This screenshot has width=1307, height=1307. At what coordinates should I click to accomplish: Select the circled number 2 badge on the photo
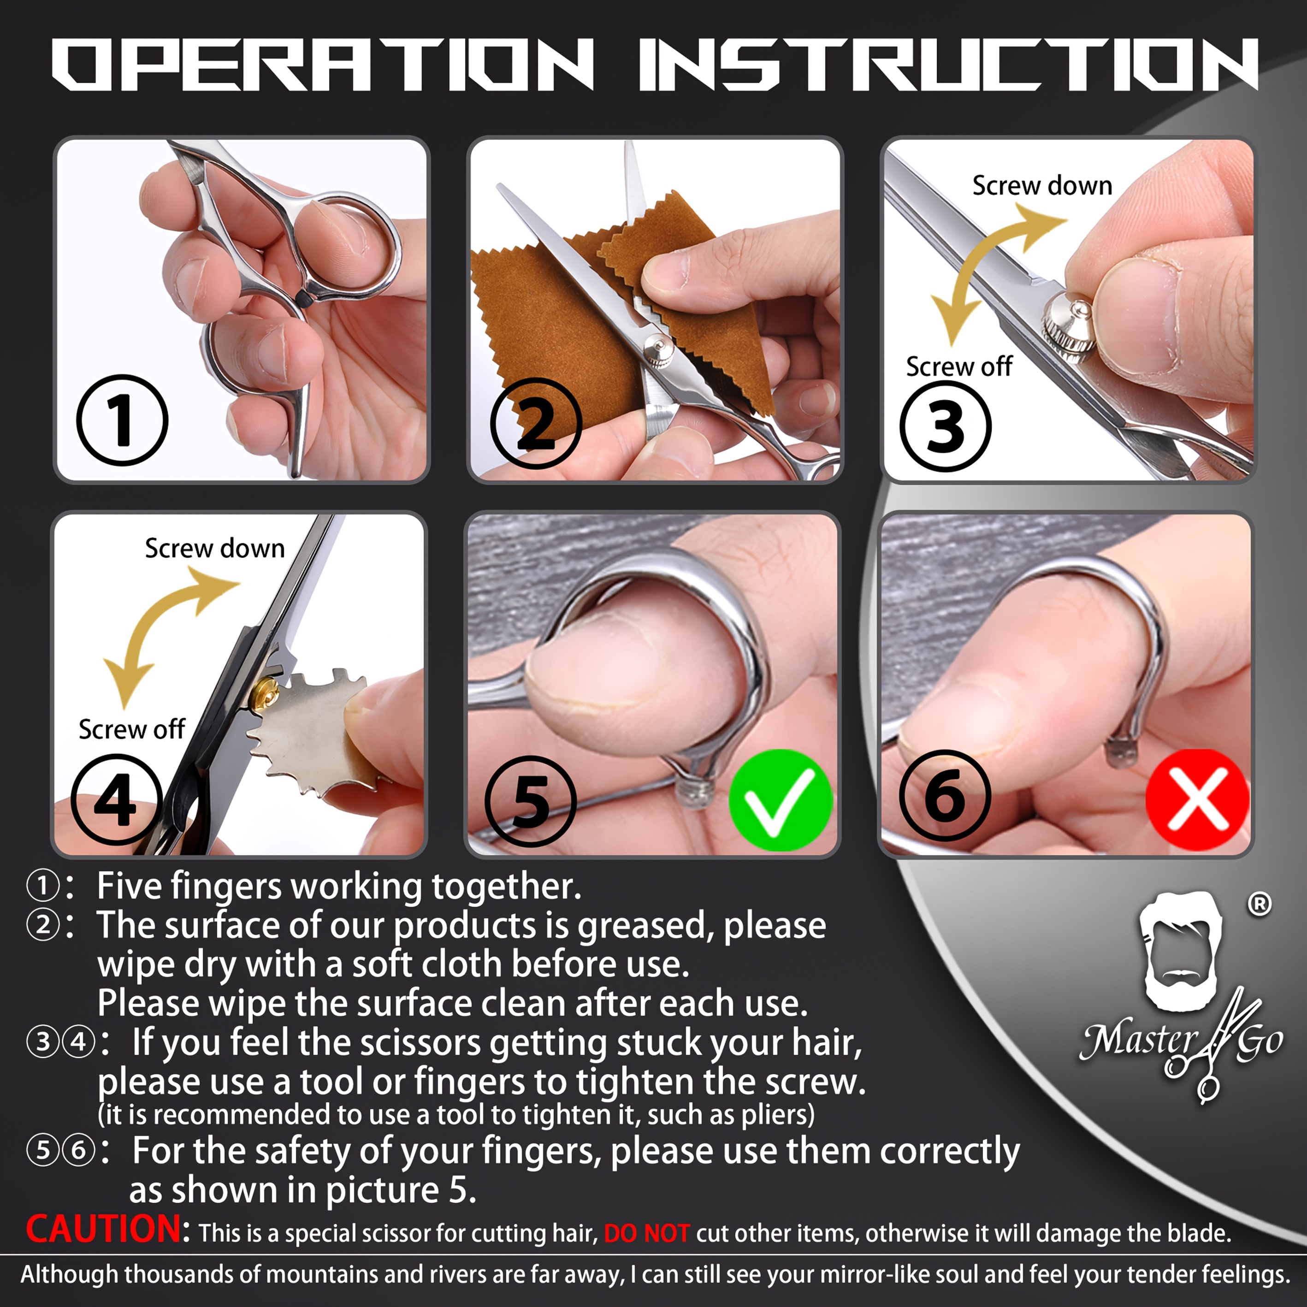click(536, 424)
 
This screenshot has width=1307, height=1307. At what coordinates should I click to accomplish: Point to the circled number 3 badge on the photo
click(945, 426)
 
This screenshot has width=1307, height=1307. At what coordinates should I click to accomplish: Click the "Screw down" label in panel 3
click(1042, 185)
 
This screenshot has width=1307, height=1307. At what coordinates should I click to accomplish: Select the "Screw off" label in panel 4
click(131, 729)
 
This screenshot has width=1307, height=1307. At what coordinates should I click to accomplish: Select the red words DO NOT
click(646, 1233)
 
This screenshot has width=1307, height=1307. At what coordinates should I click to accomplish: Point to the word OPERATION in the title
click(323, 64)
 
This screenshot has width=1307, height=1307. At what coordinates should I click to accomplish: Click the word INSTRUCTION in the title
click(948, 64)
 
